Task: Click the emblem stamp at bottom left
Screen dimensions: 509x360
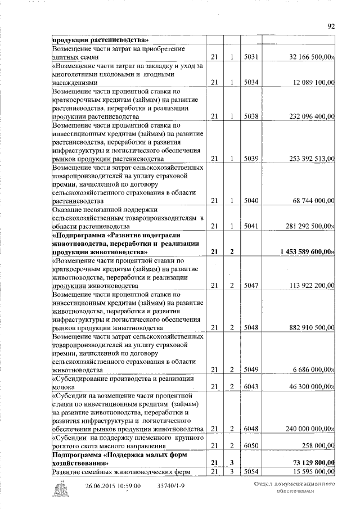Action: [60, 489]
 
